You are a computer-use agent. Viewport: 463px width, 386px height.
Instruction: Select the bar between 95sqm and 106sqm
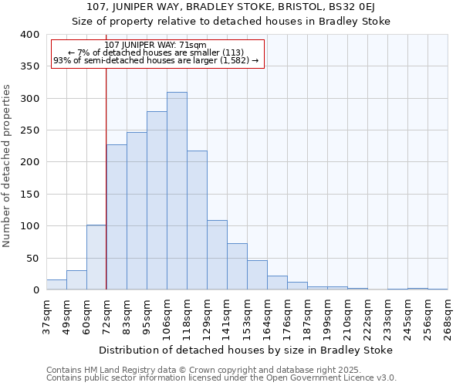(157, 201)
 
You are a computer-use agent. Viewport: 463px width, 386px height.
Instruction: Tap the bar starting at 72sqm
(117, 217)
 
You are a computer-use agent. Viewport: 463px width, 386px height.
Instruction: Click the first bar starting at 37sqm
(56, 285)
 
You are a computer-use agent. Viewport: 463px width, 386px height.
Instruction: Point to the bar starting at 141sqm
(237, 266)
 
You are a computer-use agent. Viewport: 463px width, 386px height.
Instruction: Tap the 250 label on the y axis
(29, 130)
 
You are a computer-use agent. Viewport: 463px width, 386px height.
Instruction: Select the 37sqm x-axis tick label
(46, 317)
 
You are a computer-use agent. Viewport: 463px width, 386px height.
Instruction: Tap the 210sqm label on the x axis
(347, 317)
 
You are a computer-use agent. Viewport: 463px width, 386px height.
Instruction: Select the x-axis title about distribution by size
(247, 350)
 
